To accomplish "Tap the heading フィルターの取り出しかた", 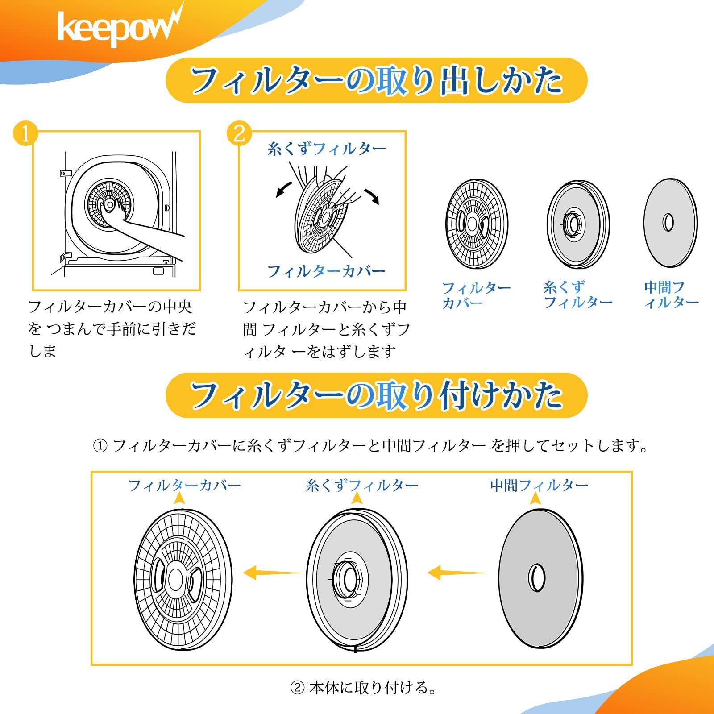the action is (x=376, y=81).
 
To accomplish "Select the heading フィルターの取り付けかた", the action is (x=376, y=395).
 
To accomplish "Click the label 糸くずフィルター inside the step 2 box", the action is (x=327, y=149).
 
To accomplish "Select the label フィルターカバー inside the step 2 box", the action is (x=326, y=271).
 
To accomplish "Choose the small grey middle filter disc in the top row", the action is (x=670, y=223).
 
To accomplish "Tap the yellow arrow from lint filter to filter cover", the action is (x=273, y=571).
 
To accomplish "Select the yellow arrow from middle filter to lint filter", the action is (x=457, y=572).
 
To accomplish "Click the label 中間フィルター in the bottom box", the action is (x=539, y=485).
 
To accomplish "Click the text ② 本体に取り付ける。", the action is (x=363, y=688).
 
